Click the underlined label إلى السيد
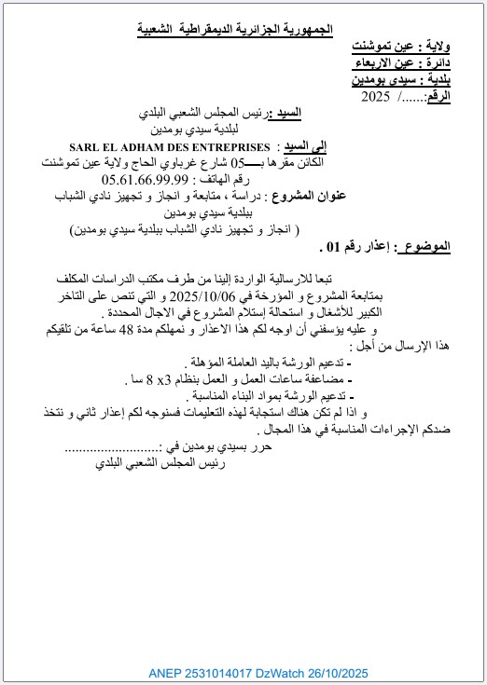308,147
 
